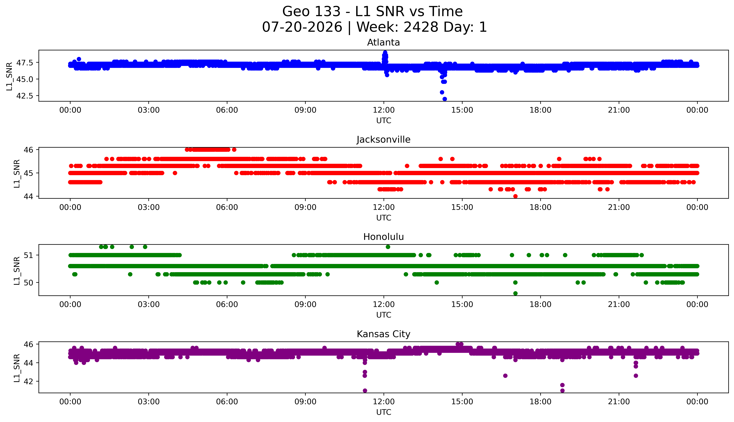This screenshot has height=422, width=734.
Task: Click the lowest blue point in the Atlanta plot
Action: click(x=445, y=99)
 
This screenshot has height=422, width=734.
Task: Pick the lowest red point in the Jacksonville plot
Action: click(x=515, y=196)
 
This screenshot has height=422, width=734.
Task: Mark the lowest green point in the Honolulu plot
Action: click(x=515, y=293)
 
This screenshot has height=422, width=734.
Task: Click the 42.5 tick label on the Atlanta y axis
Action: click(x=25, y=96)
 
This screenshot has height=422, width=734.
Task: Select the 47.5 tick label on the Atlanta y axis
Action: click(x=25, y=63)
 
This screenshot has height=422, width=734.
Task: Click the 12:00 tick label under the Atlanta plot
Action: click(x=384, y=110)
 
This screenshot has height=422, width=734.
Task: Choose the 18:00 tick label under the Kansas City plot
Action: click(x=541, y=402)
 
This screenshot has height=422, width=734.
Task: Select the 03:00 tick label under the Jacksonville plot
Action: click(x=149, y=207)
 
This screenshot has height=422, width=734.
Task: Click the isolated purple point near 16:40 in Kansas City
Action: click(x=505, y=376)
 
